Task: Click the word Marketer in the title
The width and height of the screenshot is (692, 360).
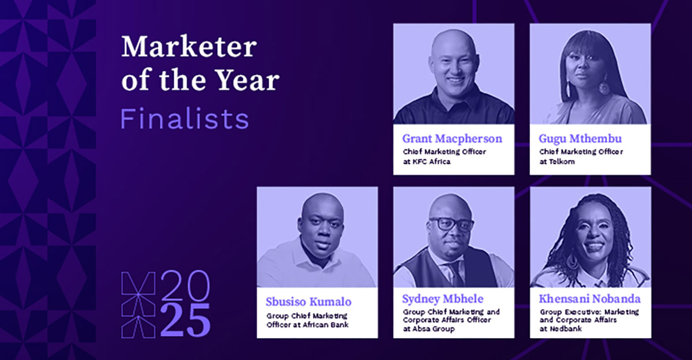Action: (x=189, y=47)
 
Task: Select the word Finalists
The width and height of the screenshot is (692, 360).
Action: (x=185, y=119)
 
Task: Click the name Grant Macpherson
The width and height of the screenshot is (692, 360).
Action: (x=452, y=139)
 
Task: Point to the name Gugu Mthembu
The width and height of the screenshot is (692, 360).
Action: (x=580, y=139)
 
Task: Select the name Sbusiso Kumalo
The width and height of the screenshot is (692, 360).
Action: (x=309, y=302)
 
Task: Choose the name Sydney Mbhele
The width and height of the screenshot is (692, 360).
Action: (x=443, y=299)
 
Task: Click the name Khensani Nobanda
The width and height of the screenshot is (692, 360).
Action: (x=590, y=299)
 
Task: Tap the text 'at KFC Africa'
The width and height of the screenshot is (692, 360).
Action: (x=427, y=162)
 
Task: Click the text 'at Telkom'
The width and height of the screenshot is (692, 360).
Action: (x=557, y=162)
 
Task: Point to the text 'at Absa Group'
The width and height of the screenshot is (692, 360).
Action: (x=429, y=329)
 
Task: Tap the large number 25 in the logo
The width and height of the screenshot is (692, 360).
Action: (x=185, y=320)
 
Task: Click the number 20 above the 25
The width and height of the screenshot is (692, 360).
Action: (x=185, y=286)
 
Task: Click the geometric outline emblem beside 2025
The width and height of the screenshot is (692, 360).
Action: (x=138, y=305)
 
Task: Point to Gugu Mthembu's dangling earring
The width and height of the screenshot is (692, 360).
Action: (x=603, y=87)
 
